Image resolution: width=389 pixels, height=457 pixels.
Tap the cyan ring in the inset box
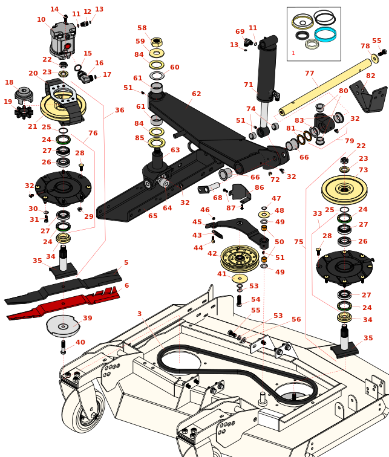[x=325, y=34]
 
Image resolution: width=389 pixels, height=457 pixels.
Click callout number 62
[x=196, y=94]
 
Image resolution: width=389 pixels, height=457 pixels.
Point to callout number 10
[x=41, y=20]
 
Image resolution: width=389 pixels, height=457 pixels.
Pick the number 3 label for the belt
[x=139, y=314]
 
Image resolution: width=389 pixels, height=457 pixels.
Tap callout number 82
[x=370, y=76]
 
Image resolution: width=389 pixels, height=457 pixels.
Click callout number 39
[x=88, y=318]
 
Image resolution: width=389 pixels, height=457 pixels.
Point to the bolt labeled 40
[x=64, y=347]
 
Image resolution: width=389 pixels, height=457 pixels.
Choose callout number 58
[x=142, y=28]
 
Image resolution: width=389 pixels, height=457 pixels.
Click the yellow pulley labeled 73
[x=344, y=189]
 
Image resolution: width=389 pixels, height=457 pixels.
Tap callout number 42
[x=212, y=254]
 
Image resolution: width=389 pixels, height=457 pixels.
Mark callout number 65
[x=152, y=216]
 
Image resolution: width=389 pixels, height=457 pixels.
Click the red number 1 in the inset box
[x=293, y=53]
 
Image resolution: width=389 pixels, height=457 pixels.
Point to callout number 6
[x=126, y=285]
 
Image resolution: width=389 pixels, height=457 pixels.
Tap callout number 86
[x=259, y=188]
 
